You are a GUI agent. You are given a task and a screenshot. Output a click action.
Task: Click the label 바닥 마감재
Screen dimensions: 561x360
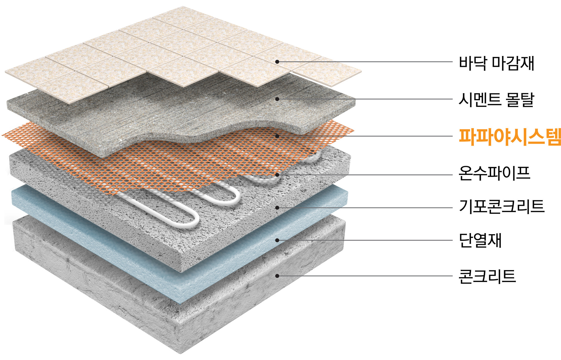496,63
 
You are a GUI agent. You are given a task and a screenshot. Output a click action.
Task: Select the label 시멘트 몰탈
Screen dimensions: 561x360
496,100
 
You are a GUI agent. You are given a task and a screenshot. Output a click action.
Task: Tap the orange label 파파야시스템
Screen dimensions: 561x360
510,137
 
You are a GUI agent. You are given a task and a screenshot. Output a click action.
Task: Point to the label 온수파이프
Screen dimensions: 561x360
494,173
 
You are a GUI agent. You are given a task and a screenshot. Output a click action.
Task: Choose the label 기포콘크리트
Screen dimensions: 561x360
501,206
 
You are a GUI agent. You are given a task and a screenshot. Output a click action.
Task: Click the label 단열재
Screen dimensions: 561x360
480,240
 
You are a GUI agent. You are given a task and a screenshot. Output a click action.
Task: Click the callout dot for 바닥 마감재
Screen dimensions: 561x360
277,62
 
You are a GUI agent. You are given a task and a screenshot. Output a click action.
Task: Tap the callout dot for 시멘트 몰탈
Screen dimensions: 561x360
277,99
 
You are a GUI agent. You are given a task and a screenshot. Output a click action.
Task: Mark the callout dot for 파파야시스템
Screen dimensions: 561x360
277,136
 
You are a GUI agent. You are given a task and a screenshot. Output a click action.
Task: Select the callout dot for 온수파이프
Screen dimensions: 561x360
277,175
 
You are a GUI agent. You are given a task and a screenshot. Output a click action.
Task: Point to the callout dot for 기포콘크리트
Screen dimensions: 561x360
277,208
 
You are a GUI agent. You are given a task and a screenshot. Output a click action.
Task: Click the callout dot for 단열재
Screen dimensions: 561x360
277,240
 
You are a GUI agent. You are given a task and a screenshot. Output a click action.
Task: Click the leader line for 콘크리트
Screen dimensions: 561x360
365,276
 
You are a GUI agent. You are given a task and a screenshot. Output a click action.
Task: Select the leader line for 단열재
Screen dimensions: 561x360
365,240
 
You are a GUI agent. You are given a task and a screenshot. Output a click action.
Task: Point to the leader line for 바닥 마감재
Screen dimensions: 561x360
365,62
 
